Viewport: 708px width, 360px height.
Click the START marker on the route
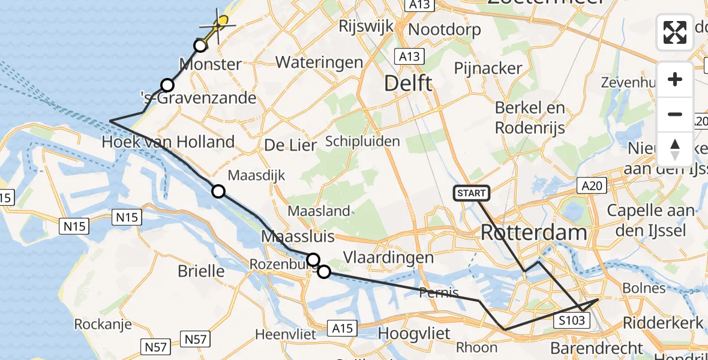[x=472, y=193]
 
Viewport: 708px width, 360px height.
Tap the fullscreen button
[x=675, y=32]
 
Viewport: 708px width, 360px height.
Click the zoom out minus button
[x=675, y=114]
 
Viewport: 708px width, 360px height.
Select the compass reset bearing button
[x=675, y=149]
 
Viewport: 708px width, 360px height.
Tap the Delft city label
[x=408, y=83]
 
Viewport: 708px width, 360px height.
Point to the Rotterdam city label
[x=533, y=232]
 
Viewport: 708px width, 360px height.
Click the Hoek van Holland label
[x=168, y=142]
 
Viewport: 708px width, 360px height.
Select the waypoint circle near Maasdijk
[x=218, y=191]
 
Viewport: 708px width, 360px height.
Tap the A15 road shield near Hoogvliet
[x=343, y=328]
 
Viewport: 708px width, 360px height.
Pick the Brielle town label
[x=201, y=271]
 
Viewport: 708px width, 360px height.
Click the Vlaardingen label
[x=388, y=257]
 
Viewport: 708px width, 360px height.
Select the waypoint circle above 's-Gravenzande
[x=167, y=85]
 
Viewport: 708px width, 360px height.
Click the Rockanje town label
[x=100, y=324]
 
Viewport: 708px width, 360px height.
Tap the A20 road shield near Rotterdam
[x=592, y=186]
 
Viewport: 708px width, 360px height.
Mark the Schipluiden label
[x=362, y=142]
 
